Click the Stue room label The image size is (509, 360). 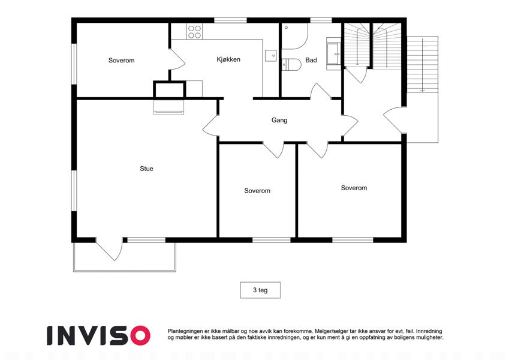click(146, 169)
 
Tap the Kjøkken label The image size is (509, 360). click(228, 59)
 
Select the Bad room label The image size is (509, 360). click(311, 60)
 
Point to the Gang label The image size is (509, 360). click(279, 120)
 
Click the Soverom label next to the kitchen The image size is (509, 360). click(122, 61)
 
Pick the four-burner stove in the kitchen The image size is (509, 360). click(194, 32)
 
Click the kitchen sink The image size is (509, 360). click(271, 56)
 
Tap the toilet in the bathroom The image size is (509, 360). click(291, 64)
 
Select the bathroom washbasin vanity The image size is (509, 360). click(333, 54)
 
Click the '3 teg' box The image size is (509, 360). click(260, 290)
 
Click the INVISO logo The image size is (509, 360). click(99, 335)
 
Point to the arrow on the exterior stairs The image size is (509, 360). click(422, 65)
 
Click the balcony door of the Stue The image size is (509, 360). click(109, 250)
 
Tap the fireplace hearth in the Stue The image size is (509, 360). click(168, 107)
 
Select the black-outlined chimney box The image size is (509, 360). click(170, 89)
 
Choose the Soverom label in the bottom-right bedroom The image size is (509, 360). click(354, 188)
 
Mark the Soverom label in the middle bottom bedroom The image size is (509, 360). click(257, 191)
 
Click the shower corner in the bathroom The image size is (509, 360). click(294, 36)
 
